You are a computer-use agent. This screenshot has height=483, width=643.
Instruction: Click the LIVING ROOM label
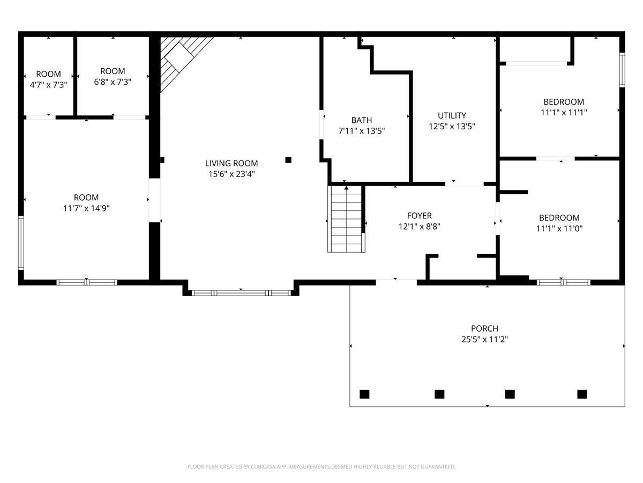tap(231, 163)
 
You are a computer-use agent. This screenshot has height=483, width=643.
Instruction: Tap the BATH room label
tap(362, 120)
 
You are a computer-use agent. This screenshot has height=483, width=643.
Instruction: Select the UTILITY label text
tap(452, 115)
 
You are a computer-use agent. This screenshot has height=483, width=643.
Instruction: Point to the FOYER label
tap(419, 216)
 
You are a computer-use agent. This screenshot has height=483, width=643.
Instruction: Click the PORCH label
tap(484, 328)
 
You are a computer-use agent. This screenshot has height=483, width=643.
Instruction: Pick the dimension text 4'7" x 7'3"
tap(48, 85)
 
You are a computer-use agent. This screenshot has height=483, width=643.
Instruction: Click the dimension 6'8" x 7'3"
tap(113, 82)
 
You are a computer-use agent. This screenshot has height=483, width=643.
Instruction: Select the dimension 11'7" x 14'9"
tap(86, 208)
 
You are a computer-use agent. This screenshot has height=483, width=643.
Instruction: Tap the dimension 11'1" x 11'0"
tap(559, 229)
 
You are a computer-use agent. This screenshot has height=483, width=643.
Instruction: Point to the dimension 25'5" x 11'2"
tap(484, 339)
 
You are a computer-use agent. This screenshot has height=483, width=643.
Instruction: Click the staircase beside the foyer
tap(346, 219)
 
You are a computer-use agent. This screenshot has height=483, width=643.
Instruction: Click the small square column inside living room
tap(288, 160)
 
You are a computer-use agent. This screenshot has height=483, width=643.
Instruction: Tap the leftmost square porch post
tap(364, 394)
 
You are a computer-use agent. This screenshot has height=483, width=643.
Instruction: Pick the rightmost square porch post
tap(582, 394)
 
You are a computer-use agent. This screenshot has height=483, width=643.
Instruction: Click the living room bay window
tap(241, 292)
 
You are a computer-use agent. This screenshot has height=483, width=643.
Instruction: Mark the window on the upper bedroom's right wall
tap(622, 70)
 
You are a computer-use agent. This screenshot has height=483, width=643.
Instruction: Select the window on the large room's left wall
tap(21, 243)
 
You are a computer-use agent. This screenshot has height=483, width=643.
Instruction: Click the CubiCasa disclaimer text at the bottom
tap(322, 466)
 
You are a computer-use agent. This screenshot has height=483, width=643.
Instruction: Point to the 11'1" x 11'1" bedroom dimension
tap(564, 112)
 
